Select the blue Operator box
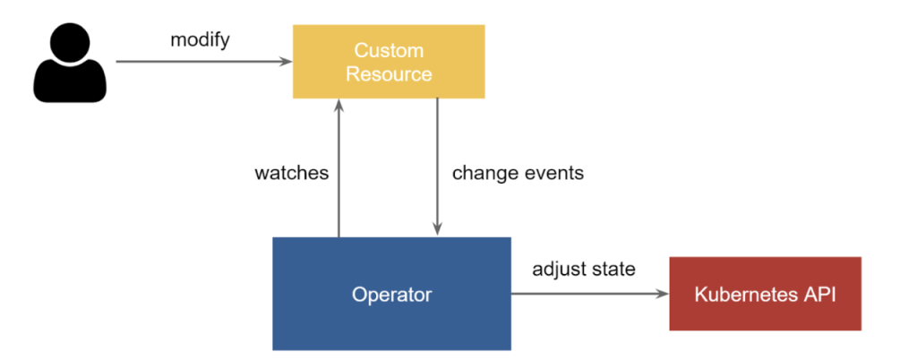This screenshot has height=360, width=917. click(x=391, y=294)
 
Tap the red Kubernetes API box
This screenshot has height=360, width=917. click(x=765, y=294)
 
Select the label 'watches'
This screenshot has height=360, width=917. click(x=292, y=173)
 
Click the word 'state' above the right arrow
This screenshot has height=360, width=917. click(x=613, y=269)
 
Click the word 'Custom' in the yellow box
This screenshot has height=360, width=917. click(x=389, y=50)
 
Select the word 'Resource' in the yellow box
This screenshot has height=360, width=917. click(x=389, y=73)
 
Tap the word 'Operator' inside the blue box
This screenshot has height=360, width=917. click(x=391, y=295)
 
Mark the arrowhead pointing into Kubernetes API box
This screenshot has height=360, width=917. click(x=664, y=294)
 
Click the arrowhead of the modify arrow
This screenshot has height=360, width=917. click(x=287, y=62)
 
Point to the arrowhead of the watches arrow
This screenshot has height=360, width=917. click(x=339, y=105)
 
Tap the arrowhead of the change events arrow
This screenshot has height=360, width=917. click(x=436, y=231)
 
